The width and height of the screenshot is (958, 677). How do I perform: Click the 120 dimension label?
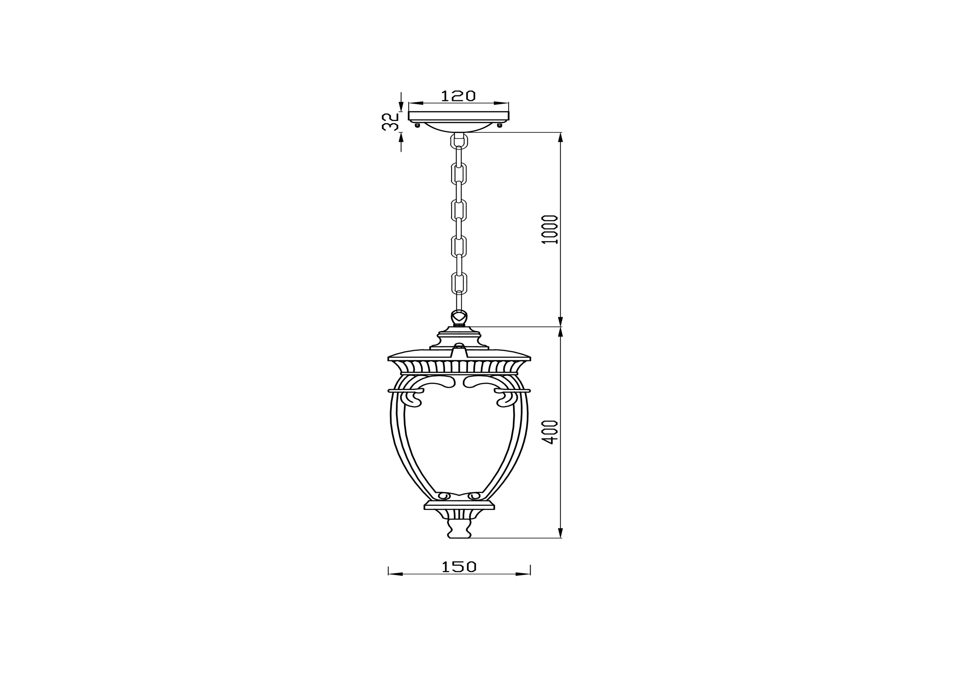pos(458,96)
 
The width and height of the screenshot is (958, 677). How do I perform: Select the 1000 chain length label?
pos(551,229)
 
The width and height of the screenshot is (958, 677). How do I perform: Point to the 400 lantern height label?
pos(551,432)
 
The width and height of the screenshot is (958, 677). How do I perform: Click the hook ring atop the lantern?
pos(459,317)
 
